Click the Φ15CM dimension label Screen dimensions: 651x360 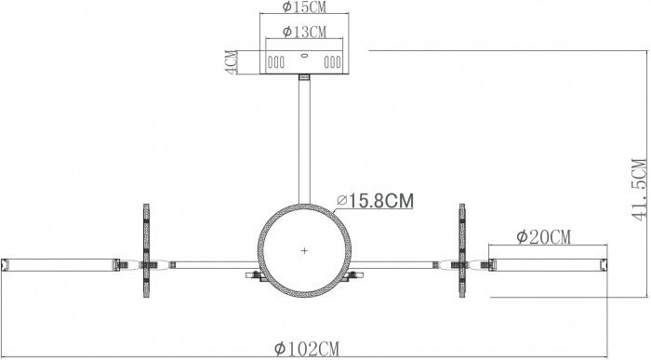point(304,7)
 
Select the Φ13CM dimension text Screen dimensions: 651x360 point(304,32)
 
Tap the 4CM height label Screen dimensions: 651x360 point(232,62)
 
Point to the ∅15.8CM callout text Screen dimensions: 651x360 point(376,201)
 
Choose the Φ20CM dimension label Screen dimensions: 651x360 point(544,237)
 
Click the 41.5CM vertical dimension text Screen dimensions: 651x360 point(640,190)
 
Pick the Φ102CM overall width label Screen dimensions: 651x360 point(307,349)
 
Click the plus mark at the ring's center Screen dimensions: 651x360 point(304,251)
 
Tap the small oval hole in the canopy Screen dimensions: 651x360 point(304,56)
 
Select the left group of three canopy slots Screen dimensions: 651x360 point(276,62)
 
